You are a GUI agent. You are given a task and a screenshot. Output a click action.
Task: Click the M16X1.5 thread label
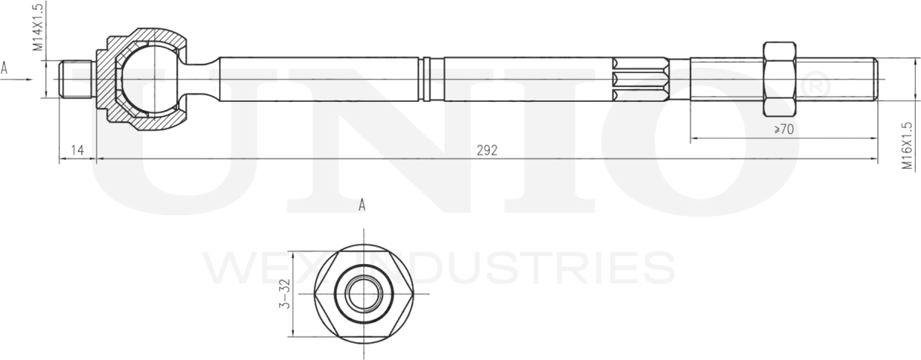tap(906, 147)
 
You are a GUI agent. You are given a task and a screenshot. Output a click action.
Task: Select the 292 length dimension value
tap(487, 150)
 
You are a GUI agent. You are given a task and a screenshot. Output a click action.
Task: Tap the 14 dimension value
tap(77, 150)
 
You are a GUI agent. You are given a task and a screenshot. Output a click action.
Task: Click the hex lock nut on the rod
tap(779, 79)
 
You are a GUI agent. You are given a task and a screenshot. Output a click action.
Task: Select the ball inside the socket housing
tap(147, 78)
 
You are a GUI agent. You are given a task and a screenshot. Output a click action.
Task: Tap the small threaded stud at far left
tap(76, 79)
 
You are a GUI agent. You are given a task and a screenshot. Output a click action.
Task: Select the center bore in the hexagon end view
tap(363, 294)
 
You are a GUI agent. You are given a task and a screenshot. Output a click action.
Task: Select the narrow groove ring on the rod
tap(425, 79)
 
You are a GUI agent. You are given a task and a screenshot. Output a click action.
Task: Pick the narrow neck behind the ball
tap(199, 79)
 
